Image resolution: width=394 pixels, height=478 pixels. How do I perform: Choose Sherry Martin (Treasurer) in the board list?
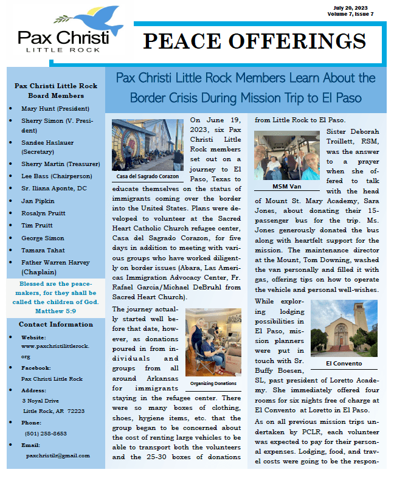click(60, 164)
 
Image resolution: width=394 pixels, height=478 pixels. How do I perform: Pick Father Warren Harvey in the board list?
click(59, 264)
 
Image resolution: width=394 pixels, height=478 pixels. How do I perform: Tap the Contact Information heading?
click(56, 324)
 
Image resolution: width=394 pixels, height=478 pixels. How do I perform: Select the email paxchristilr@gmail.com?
click(58, 455)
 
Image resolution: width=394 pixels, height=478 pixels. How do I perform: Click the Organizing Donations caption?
click(213, 384)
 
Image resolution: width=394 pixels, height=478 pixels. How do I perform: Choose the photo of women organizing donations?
click(213, 343)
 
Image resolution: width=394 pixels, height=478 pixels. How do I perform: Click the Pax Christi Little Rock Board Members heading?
click(56, 91)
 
